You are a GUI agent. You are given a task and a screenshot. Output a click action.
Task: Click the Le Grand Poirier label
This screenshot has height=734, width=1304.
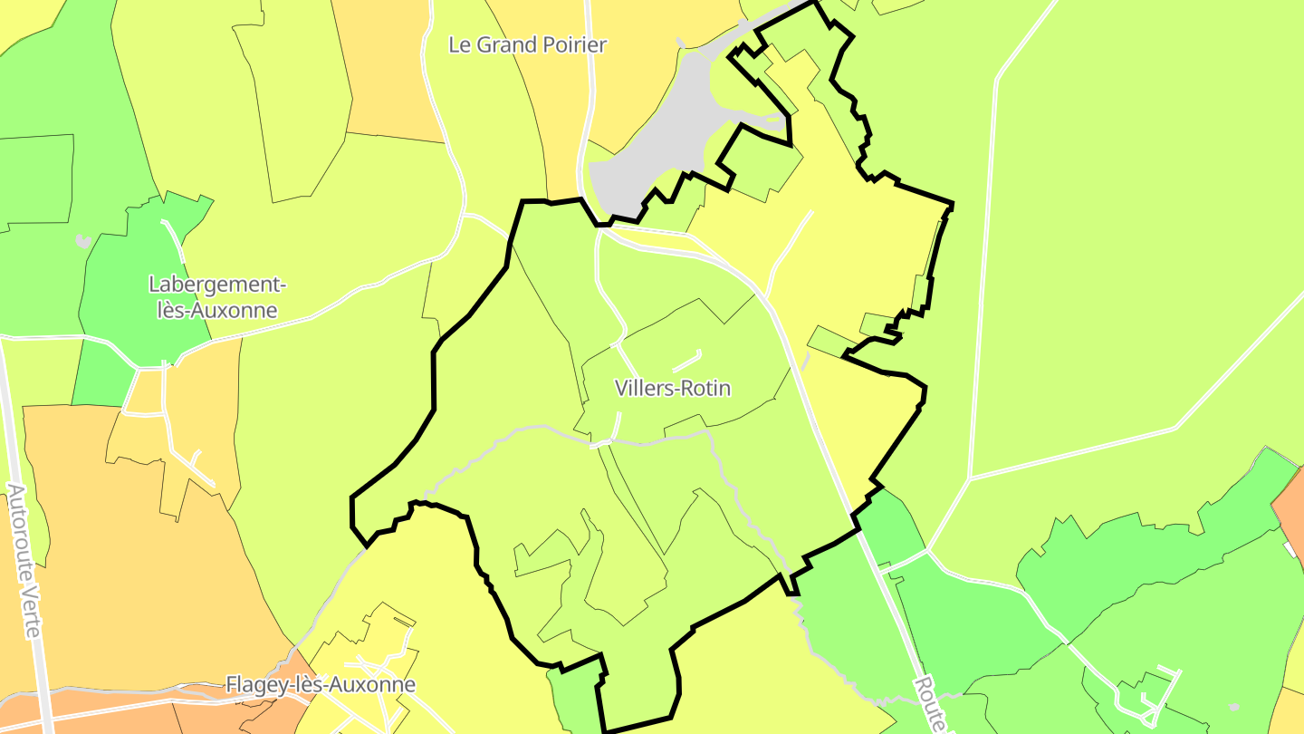[527, 44]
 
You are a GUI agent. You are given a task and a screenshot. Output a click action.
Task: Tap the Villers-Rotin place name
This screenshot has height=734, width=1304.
[672, 388]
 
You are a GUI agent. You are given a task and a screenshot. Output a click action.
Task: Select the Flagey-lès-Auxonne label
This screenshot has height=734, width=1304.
[321, 684]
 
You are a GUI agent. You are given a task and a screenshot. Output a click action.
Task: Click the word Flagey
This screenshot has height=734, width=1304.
[254, 684]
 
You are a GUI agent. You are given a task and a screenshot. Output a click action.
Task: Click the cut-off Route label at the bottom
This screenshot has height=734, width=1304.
[932, 705]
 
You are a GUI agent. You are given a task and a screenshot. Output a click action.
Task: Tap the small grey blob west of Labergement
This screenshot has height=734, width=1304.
[83, 241]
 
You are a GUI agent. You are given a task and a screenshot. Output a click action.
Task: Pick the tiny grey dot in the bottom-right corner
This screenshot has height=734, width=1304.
[1233, 707]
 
